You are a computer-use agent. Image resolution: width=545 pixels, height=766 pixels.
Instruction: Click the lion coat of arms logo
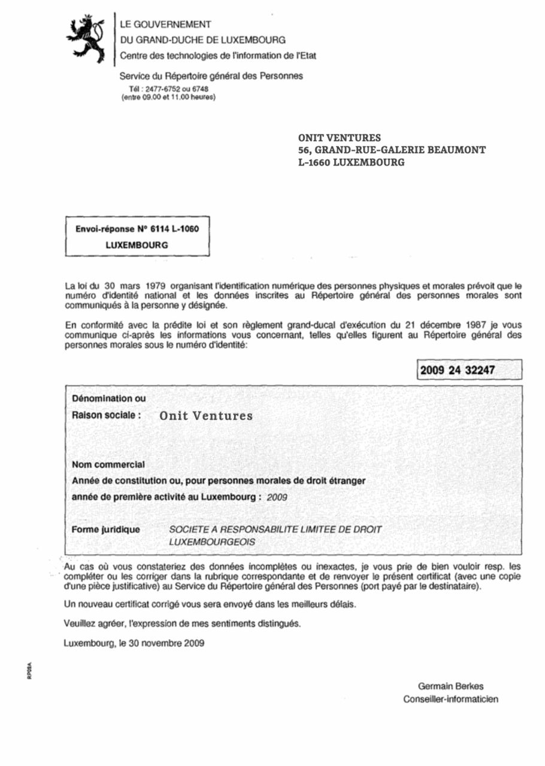[x=87, y=38]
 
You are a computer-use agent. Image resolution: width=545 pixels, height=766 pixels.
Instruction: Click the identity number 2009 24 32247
[x=458, y=370]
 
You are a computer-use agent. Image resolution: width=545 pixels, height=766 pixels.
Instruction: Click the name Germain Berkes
[x=450, y=686]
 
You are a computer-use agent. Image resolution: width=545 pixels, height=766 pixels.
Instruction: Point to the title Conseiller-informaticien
[x=450, y=699]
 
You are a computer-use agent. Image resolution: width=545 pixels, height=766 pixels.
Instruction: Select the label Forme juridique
[x=106, y=530]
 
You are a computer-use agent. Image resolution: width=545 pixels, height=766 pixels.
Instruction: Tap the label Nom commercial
[x=108, y=464]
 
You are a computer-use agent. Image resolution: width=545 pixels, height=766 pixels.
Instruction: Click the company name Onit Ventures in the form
[x=206, y=416]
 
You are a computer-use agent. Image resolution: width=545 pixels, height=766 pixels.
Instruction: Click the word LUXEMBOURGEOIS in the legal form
[x=212, y=542]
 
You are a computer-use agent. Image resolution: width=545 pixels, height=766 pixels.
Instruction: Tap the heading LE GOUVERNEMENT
[x=165, y=25]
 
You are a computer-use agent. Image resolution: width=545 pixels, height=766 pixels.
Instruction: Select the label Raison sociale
[x=107, y=415]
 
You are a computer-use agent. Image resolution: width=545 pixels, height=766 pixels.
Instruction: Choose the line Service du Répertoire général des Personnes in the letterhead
[x=211, y=76]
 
